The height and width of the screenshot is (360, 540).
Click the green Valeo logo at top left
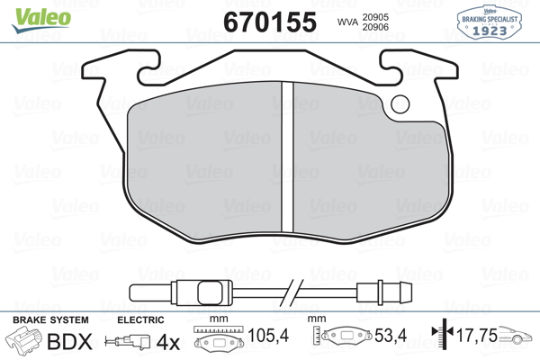41,20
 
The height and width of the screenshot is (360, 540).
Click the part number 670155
270,22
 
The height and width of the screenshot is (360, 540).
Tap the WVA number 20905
375,17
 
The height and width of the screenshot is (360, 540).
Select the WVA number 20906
375,27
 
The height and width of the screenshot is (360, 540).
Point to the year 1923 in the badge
490,31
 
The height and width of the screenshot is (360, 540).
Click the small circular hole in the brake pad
400,104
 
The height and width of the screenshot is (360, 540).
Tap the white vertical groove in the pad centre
287,157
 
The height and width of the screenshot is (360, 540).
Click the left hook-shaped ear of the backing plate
121,67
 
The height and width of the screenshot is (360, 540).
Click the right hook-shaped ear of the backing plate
418,67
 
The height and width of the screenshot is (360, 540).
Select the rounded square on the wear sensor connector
210,293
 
